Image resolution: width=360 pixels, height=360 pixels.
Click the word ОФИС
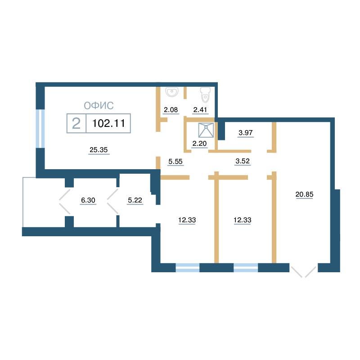click(x=99, y=106)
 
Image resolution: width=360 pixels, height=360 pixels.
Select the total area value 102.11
click(x=108, y=123)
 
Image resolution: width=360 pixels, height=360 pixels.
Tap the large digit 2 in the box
click(x=76, y=123)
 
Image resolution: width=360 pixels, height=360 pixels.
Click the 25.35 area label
click(x=99, y=150)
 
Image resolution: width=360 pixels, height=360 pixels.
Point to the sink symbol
click(x=172, y=92)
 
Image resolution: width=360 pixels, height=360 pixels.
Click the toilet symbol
click(x=205, y=94)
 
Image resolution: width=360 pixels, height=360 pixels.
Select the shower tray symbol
click(x=206, y=130)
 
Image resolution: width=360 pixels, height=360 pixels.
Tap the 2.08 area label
click(x=171, y=110)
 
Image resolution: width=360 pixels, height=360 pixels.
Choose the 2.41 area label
click(x=200, y=110)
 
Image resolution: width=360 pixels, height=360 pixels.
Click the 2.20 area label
click(x=199, y=144)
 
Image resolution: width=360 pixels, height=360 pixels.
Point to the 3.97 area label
click(x=245, y=132)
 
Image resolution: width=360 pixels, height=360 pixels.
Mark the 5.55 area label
click(x=175, y=162)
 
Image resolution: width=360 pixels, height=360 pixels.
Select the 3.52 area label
click(x=243, y=161)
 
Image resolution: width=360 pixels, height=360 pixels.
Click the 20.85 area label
click(x=305, y=194)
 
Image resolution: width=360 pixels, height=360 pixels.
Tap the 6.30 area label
click(x=88, y=200)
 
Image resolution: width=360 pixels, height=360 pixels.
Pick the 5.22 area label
click(x=135, y=200)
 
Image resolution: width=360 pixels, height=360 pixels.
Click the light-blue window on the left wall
click(x=40, y=129)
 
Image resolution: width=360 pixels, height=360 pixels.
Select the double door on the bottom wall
click(x=303, y=272)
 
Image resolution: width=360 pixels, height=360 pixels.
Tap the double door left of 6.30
click(x=64, y=201)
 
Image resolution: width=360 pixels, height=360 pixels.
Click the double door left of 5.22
click(x=112, y=201)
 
